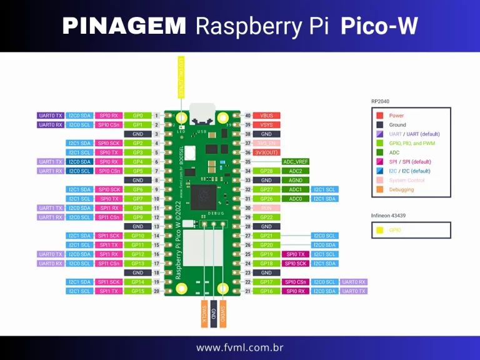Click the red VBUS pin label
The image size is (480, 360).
tap(267, 116)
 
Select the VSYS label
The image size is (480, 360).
tap(267, 125)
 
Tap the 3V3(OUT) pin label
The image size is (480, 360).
tap(267, 152)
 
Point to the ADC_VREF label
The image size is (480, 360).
tap(296, 162)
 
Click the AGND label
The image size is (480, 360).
tap(296, 180)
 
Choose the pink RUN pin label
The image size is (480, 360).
tap(267, 208)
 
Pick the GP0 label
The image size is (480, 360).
tap(138, 116)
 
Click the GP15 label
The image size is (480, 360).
tap(138, 291)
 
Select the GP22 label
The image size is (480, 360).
tap(267, 217)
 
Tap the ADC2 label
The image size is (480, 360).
tap(296, 171)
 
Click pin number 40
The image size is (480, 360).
tap(247, 116)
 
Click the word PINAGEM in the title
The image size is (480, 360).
tap(124, 26)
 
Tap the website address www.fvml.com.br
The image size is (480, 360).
tap(240, 347)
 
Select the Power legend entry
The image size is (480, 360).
tap(396, 116)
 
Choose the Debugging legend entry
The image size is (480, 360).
tap(401, 189)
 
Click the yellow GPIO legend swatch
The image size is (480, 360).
tap(379, 230)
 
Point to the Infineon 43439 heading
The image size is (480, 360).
tap(387, 216)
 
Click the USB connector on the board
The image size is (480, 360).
tap(202, 113)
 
